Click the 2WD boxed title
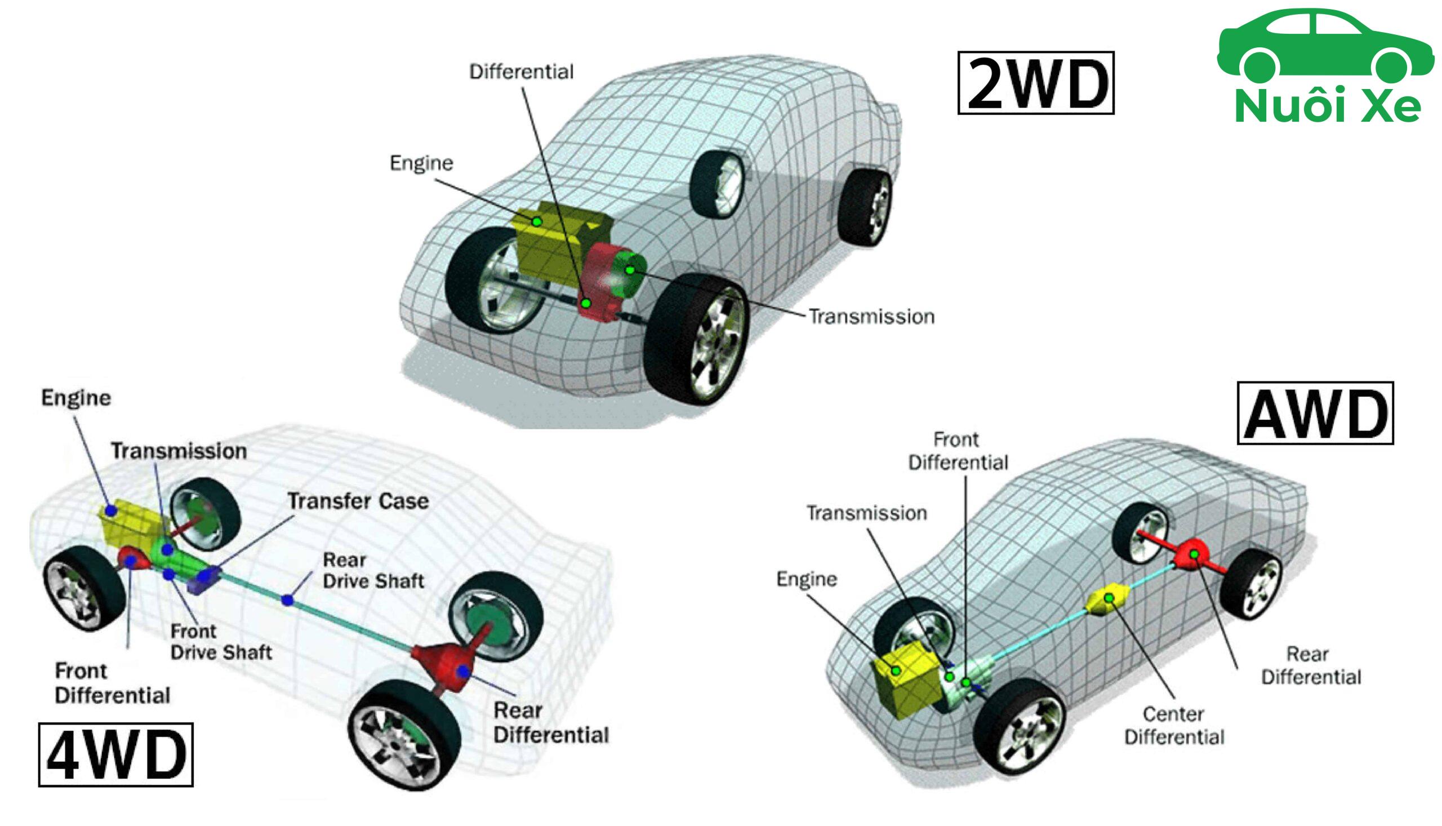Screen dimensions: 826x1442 1035,83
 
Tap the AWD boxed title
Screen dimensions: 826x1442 1314,413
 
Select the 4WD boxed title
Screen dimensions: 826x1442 115,754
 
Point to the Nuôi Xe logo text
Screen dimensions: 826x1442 1327,105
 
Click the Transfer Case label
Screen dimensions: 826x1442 358,501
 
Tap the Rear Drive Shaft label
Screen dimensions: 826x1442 373,570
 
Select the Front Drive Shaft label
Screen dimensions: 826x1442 221,642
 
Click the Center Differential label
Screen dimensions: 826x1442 1174,725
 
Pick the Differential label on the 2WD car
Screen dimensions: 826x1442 521,72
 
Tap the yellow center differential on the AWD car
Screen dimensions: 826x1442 1107,598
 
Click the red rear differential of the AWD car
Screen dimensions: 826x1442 1193,554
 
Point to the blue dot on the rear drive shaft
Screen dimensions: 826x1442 288,599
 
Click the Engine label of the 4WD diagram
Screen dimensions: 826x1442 76,398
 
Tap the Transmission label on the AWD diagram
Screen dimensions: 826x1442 866,513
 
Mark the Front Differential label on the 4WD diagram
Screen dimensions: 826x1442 112,683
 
